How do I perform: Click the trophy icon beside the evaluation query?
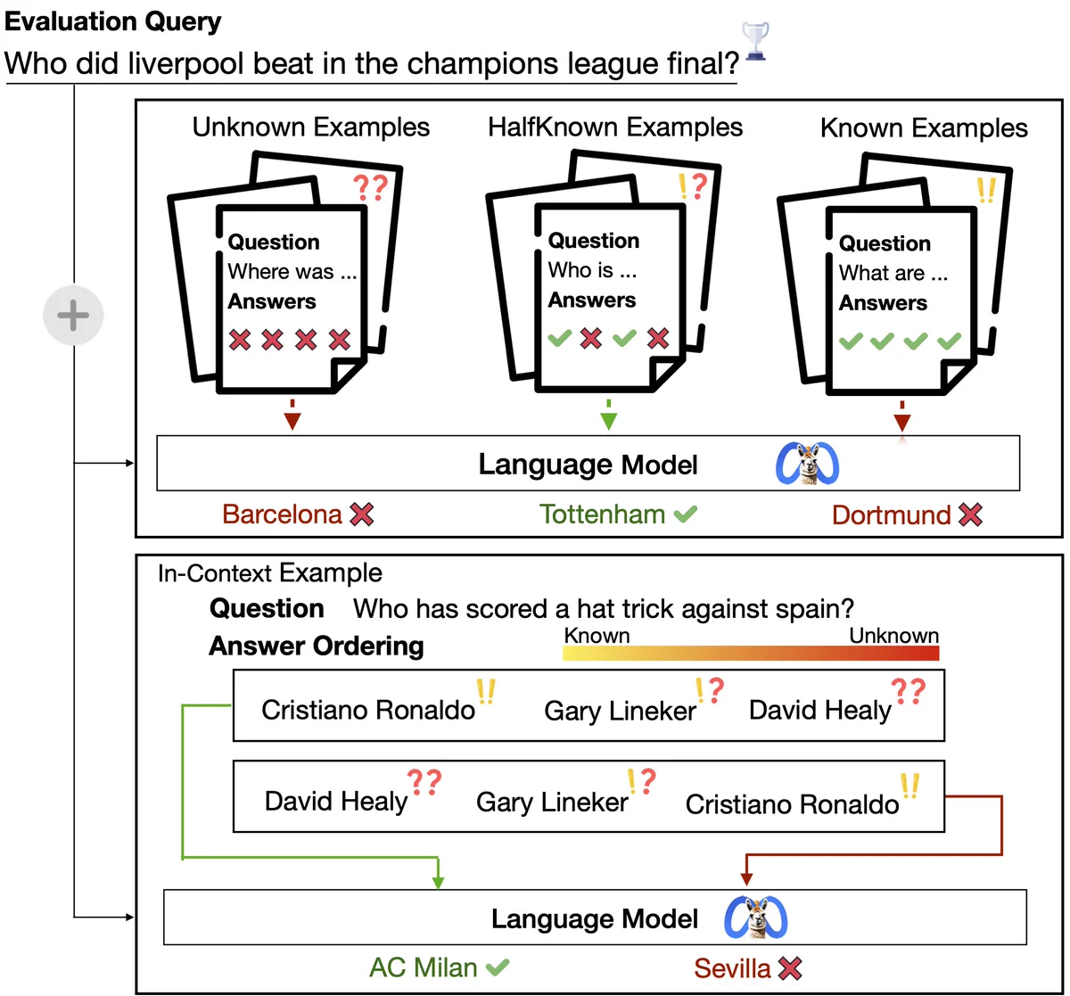755,41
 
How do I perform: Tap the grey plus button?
73,316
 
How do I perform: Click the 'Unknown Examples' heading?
311,128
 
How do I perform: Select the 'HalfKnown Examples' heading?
615,128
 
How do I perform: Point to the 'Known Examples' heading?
924,128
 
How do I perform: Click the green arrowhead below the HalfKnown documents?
609,421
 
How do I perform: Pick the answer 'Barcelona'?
283,514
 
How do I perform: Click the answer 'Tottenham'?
603,514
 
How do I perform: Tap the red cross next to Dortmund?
970,514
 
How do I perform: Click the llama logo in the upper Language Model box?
807,464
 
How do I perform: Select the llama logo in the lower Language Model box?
756,918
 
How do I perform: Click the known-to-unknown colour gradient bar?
751,654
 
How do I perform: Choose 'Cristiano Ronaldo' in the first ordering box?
368,710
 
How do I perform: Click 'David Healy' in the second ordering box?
336,802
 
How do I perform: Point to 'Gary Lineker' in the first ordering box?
620,711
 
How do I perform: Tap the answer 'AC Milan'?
424,967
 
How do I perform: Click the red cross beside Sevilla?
790,968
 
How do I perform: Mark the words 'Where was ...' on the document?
292,272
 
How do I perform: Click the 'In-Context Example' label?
270,573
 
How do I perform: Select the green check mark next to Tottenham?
686,514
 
